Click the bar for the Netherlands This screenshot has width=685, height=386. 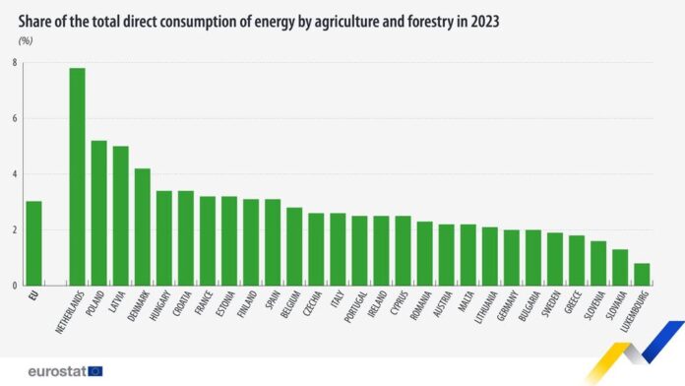(x=77, y=177)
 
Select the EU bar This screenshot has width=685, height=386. (x=33, y=243)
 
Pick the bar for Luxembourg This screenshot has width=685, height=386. (x=641, y=275)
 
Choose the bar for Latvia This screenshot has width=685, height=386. (x=120, y=216)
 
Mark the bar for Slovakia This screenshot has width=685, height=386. (x=619, y=268)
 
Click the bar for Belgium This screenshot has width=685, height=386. (x=294, y=246)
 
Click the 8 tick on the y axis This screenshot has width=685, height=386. (x=14, y=63)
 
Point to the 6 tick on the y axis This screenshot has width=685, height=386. (x=14, y=119)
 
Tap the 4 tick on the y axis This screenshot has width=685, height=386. (x=14, y=174)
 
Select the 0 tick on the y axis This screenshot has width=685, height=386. (x=14, y=286)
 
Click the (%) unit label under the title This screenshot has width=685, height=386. (x=25, y=40)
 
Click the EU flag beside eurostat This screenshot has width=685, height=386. (x=94, y=371)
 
